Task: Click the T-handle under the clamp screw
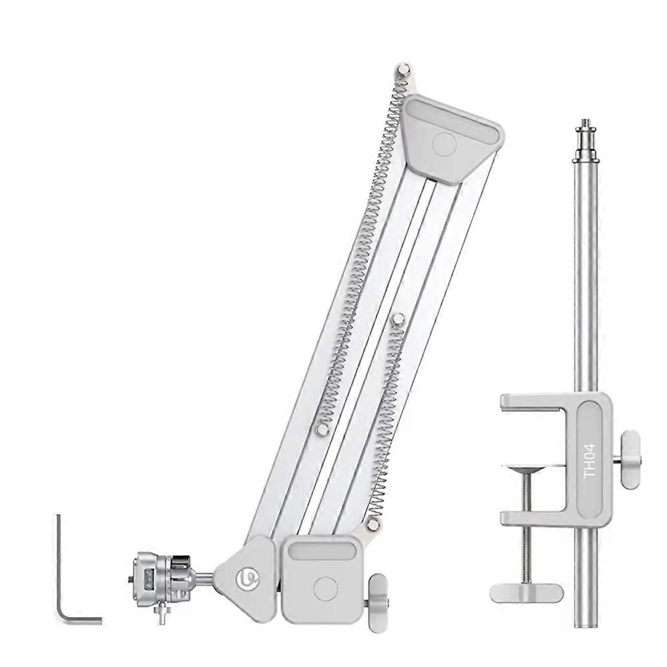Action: pos(526,590)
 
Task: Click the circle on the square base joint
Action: pos(325,587)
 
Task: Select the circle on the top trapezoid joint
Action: pos(444,143)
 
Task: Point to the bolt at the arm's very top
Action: pos(404,69)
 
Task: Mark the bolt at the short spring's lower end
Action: pos(372,524)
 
